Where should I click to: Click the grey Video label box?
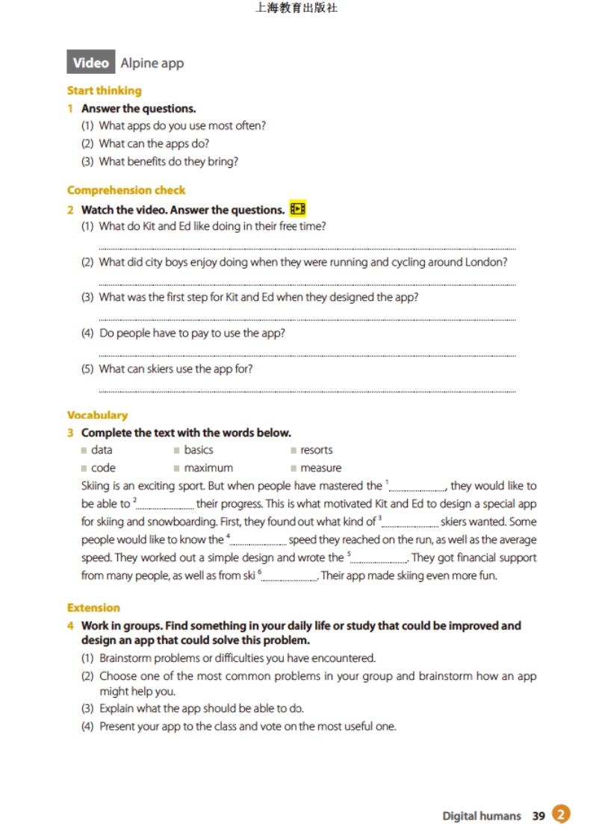90,63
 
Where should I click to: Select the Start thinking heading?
104,90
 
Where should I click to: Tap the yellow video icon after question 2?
298,209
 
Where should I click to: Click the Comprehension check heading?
125,190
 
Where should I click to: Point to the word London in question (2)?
487,262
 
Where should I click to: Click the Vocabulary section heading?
97,415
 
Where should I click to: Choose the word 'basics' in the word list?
199,450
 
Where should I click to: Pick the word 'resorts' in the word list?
317,450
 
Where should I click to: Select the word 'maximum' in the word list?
208,468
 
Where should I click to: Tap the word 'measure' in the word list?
321,468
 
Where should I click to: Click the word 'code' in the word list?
103,468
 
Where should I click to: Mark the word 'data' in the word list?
102,450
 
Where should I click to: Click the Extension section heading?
93,607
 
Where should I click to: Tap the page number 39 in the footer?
538,816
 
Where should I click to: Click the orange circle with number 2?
562,815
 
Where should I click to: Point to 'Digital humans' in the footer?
482,816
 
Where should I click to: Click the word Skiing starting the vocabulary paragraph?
96,486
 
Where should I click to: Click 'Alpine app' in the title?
152,63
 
